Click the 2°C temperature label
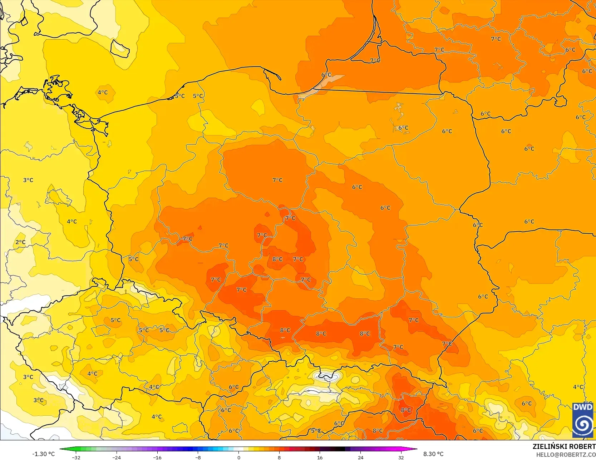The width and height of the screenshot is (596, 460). (x=20, y=242)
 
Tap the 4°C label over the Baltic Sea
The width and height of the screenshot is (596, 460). (x=103, y=92)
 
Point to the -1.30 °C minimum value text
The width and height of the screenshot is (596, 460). (x=43, y=454)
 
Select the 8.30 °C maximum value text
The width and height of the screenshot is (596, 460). (x=433, y=454)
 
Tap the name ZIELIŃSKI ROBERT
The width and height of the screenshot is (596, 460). (x=564, y=446)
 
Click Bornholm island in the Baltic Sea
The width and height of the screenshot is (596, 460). (x=120, y=49)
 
